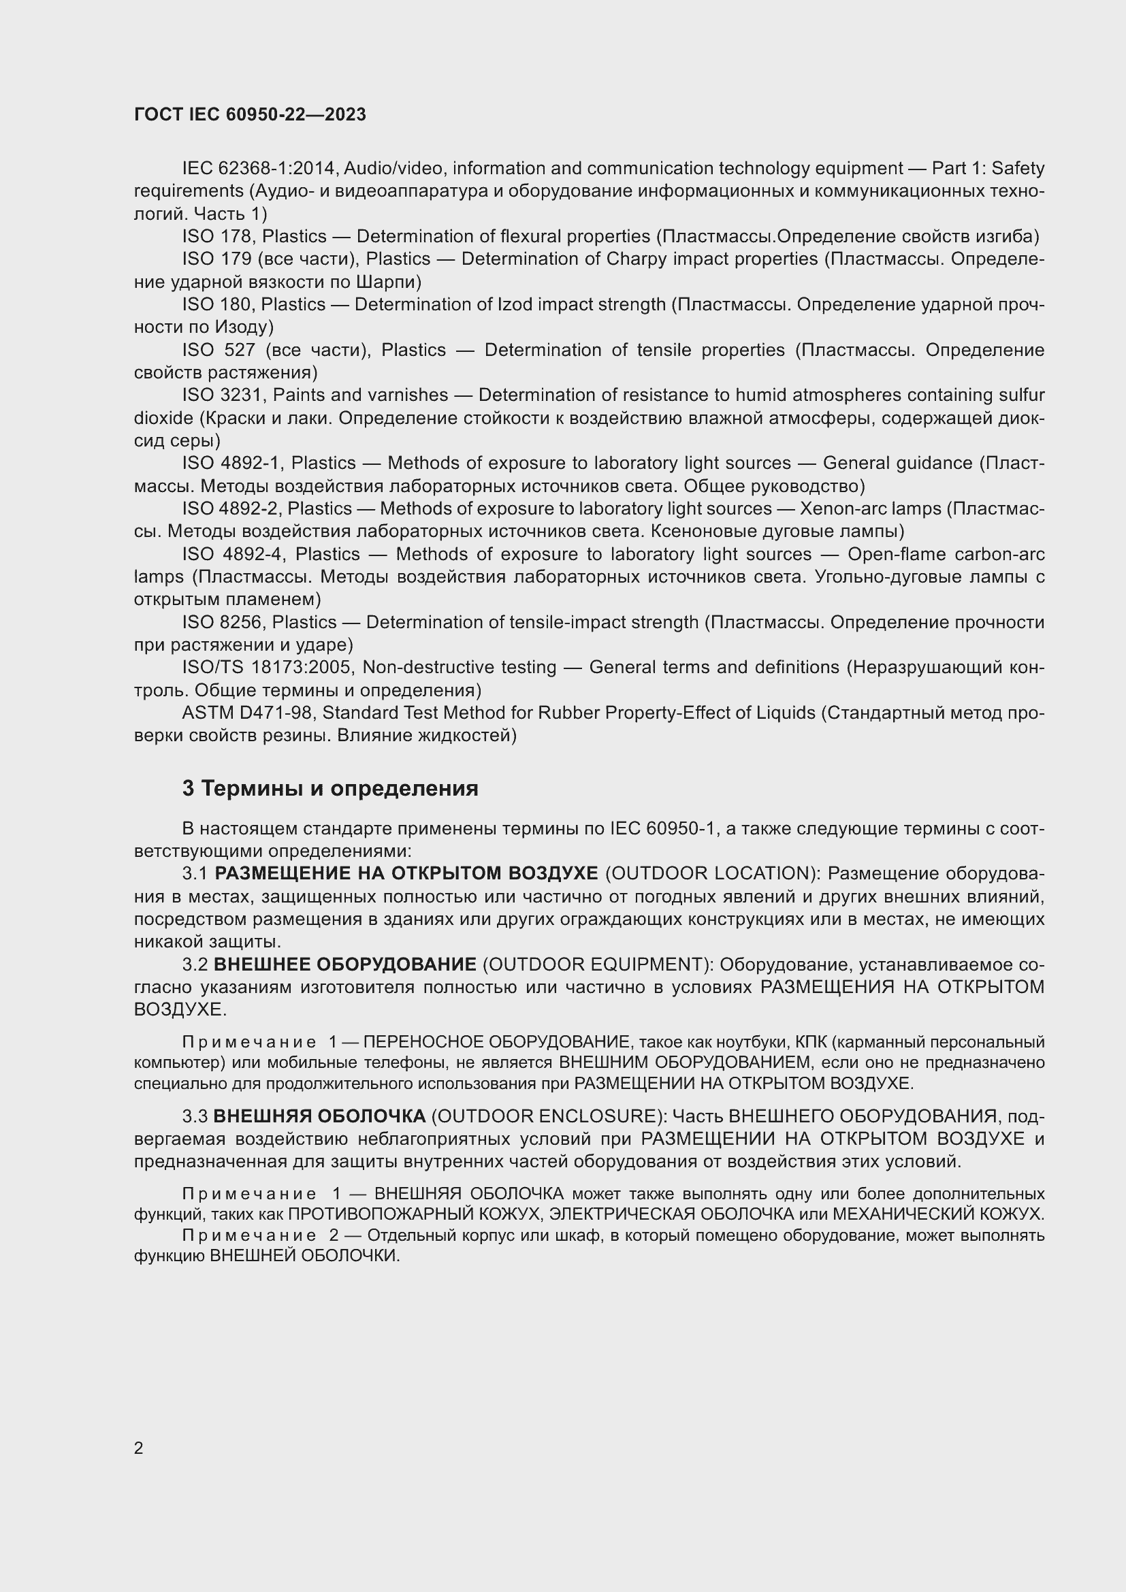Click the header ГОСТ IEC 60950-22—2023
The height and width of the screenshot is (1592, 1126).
(x=250, y=114)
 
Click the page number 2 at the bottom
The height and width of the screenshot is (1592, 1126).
(x=139, y=1448)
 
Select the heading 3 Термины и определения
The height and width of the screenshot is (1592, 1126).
(x=330, y=788)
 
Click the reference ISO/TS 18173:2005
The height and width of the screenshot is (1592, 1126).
(x=268, y=667)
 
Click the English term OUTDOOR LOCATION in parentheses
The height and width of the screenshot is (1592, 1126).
(x=710, y=873)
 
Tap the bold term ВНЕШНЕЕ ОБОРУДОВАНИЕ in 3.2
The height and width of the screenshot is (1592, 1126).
(x=344, y=964)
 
